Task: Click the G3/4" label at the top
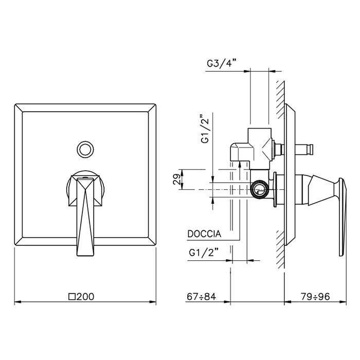(x=221, y=63)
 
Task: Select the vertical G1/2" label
(x=206, y=129)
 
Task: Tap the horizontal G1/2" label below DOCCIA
(x=204, y=253)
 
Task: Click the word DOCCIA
(x=204, y=234)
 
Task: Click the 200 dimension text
(x=85, y=297)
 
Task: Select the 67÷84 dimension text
(x=202, y=297)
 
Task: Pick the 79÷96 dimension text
(x=315, y=297)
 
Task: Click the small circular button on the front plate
(x=85, y=150)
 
